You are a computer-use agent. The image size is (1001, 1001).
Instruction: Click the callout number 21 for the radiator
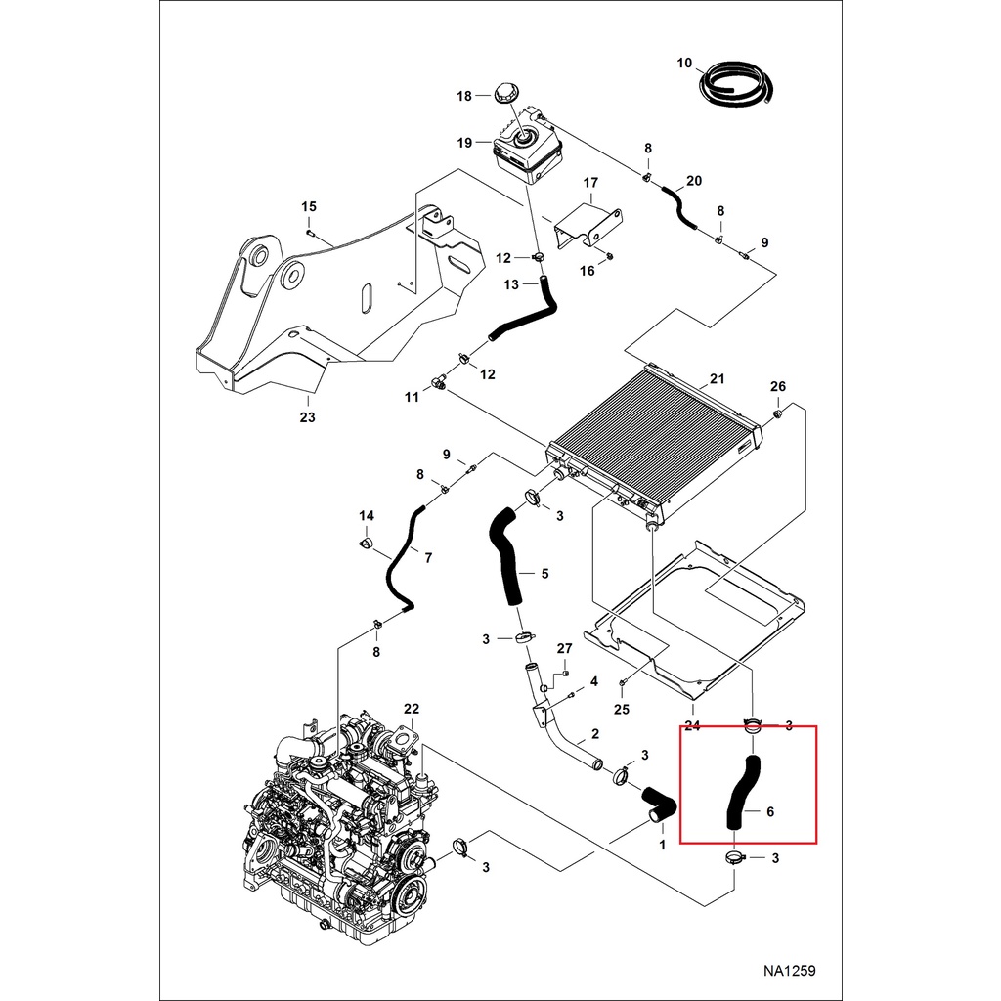point(717,379)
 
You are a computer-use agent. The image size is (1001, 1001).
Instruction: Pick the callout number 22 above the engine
point(412,708)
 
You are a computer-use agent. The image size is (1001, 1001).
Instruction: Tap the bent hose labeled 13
point(523,313)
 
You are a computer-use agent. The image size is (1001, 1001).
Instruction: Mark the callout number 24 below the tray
point(693,725)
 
